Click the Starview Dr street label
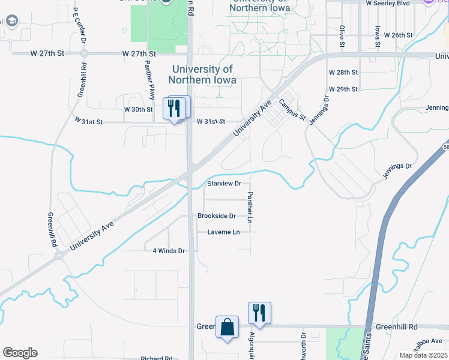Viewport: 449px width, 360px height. coord(224,183)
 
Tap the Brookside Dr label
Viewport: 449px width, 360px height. coord(217,215)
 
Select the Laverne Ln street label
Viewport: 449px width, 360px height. coord(223,232)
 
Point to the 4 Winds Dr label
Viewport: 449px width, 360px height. coord(168,250)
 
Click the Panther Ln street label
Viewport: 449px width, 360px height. coord(249,208)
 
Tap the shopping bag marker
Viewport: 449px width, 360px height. coord(227,328)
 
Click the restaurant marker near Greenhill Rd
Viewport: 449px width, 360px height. coord(259,313)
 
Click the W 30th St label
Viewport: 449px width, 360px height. coord(139,109)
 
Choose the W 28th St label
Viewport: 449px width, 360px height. coord(343,72)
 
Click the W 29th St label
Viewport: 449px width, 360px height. coord(343,89)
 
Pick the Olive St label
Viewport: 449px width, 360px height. coord(342,36)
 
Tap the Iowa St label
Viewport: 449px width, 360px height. coord(377,36)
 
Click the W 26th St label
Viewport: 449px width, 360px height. coord(399,35)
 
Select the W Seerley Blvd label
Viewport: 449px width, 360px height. coord(388,3)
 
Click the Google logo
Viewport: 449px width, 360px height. coord(20,353)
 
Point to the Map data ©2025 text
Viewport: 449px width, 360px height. coord(423,355)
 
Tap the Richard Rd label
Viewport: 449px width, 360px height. coord(157,358)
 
